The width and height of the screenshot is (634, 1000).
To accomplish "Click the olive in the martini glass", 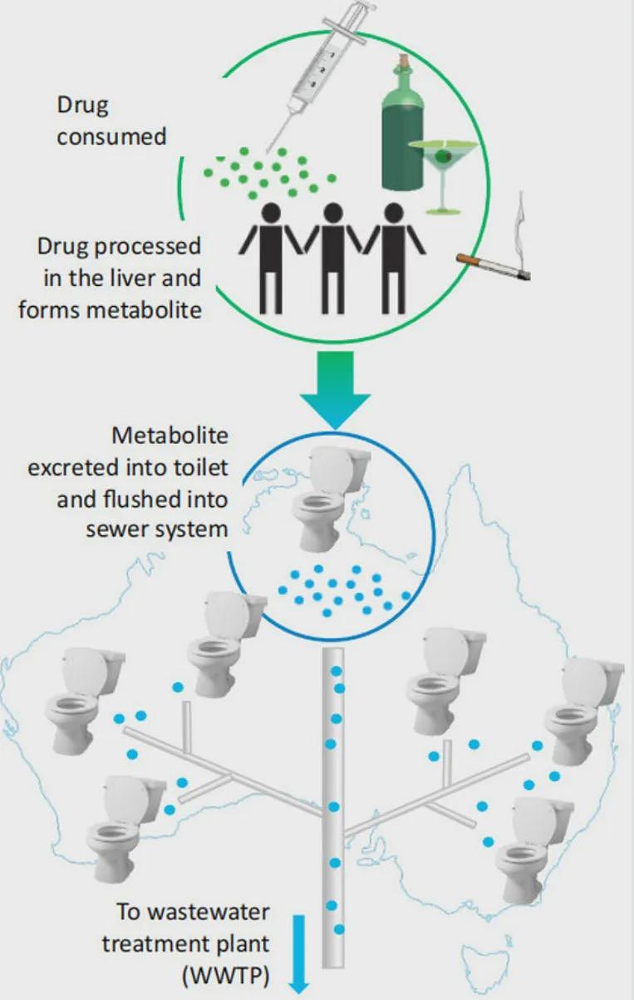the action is click(x=443, y=155).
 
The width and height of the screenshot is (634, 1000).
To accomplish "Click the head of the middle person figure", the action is click(x=333, y=214).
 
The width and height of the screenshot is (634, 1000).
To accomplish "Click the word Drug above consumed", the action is click(x=83, y=106).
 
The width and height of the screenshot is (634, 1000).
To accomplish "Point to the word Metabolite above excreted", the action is click(x=170, y=436).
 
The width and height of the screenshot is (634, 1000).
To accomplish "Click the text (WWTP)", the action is click(x=226, y=975).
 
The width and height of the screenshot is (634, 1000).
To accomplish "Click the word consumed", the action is click(x=111, y=136).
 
